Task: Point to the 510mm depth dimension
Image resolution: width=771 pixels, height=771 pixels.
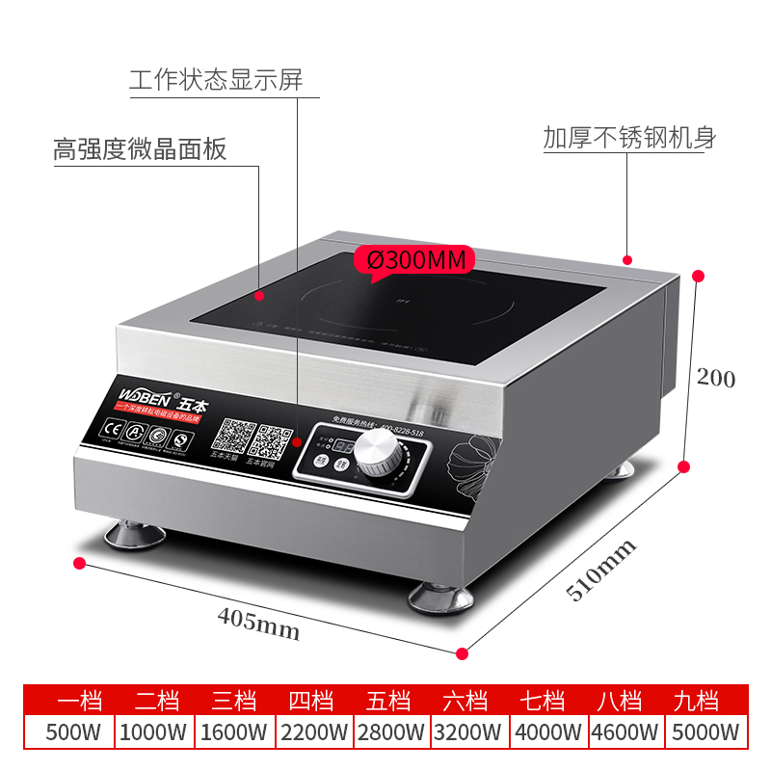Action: click(601, 571)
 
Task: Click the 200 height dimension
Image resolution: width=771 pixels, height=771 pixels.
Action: click(716, 379)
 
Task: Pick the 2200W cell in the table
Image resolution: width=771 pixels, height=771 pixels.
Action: click(314, 732)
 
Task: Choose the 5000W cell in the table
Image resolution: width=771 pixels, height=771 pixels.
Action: click(707, 732)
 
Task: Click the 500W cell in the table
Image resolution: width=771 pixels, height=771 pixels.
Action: click(73, 732)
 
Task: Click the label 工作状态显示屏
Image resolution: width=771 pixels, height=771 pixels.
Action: click(216, 79)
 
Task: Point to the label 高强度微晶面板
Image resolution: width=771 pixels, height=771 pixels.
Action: click(140, 150)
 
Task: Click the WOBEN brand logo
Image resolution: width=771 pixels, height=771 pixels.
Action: click(146, 396)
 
